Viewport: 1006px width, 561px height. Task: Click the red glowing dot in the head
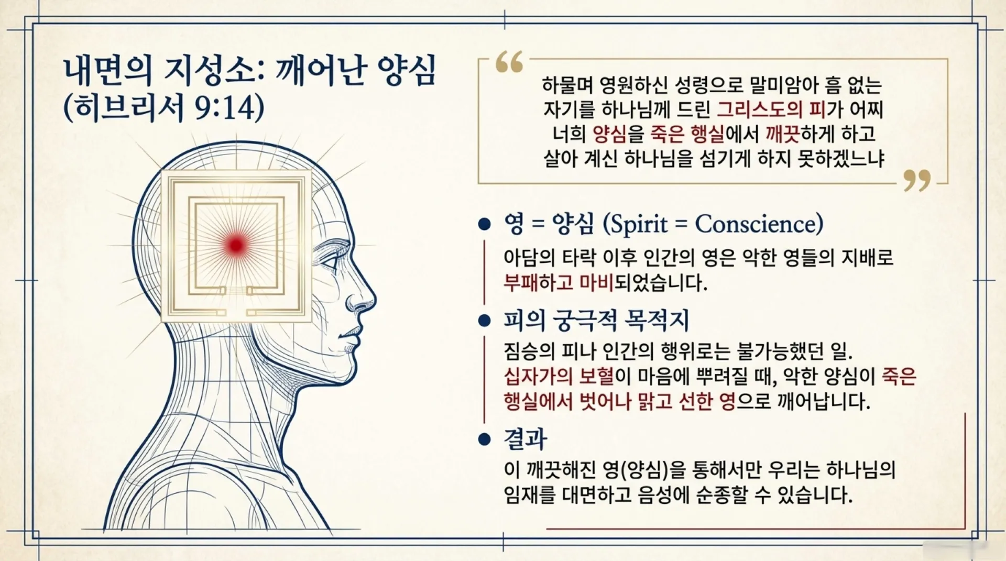[236, 245]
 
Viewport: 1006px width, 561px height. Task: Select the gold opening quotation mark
[509, 61]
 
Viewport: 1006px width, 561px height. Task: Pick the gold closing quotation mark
[917, 180]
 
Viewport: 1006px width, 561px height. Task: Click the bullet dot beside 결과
[484, 439]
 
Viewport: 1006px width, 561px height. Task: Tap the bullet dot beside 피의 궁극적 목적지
[484, 321]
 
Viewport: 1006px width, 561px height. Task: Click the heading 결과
[525, 439]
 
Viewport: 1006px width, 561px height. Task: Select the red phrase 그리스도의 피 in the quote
[772, 109]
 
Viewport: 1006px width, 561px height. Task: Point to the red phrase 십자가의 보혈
[559, 376]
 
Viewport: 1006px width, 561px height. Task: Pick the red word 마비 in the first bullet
[597, 283]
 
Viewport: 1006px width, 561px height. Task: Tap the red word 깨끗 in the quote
[783, 134]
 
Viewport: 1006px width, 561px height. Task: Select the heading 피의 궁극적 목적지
[596, 321]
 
